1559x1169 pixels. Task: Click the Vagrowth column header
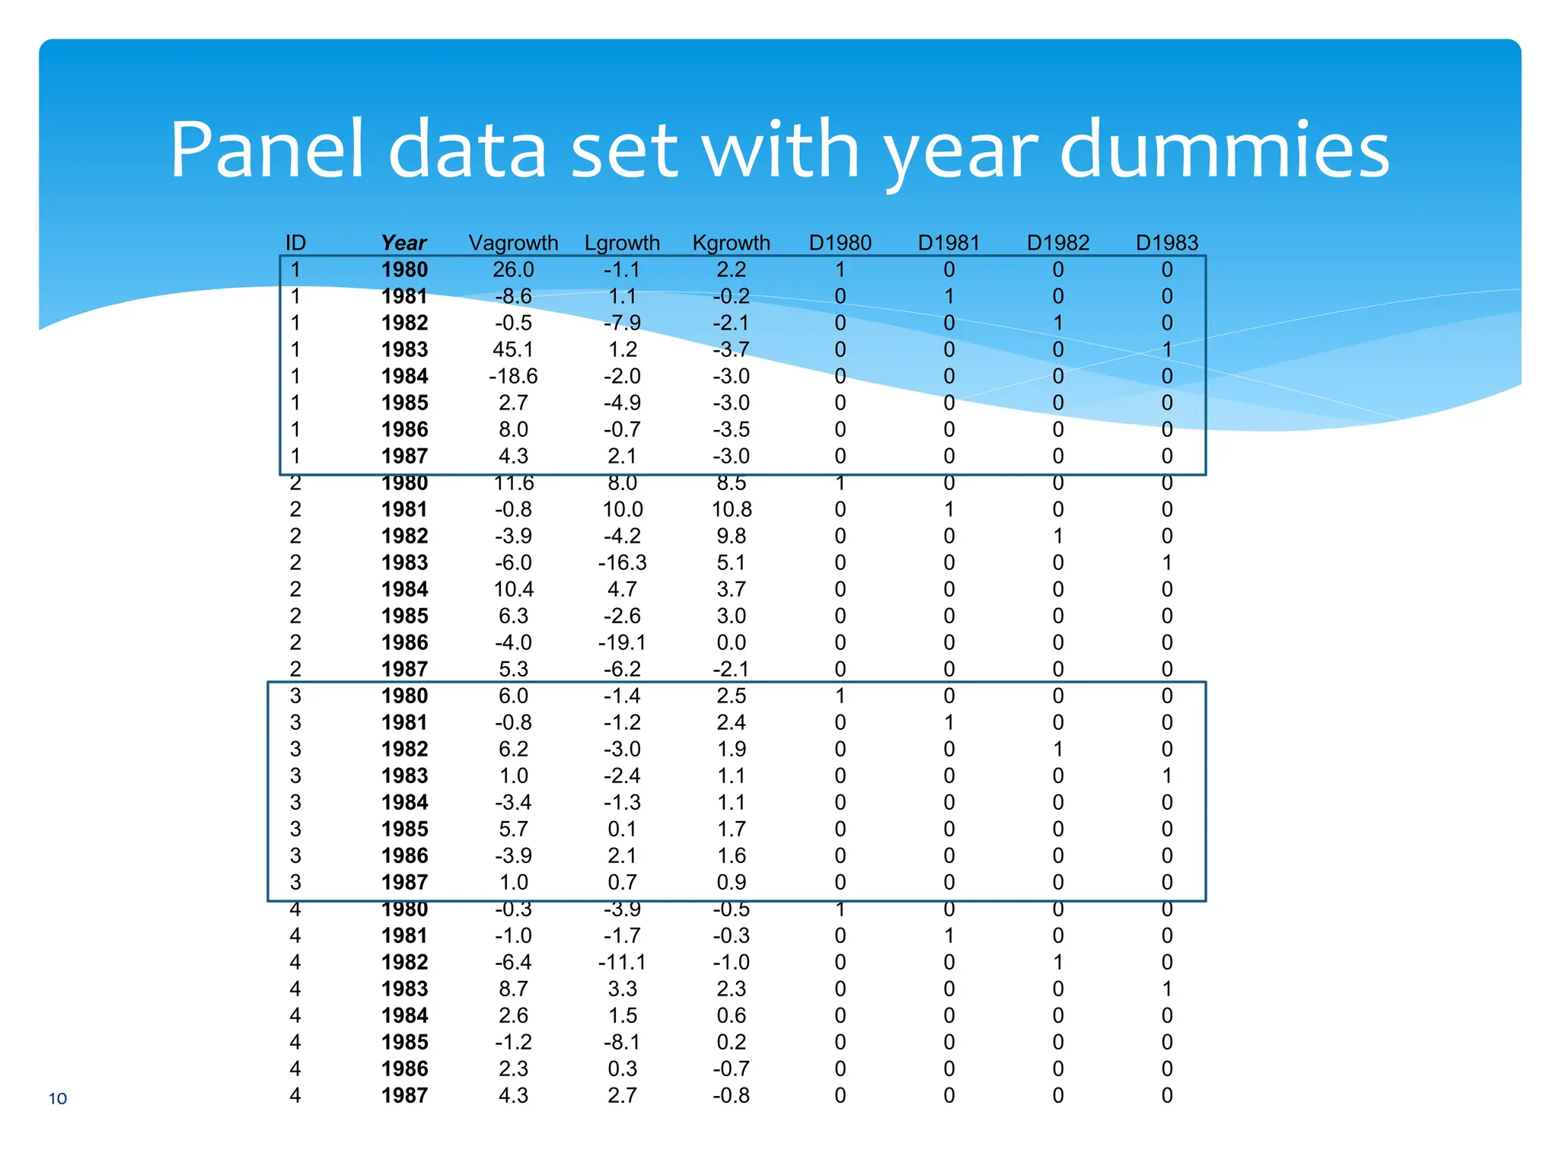click(513, 243)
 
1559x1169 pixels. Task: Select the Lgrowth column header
click(622, 243)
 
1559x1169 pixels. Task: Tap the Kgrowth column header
click(731, 243)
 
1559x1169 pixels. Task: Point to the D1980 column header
click(840, 243)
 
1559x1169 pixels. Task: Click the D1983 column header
click(1166, 243)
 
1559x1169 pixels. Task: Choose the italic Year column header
click(403, 243)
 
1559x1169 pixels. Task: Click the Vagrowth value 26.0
click(513, 269)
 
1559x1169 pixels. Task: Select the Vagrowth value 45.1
click(513, 349)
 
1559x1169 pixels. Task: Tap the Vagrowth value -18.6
click(513, 376)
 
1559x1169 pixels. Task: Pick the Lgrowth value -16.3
click(622, 562)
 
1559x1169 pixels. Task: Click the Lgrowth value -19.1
click(622, 642)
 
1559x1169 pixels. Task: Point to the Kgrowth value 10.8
click(731, 509)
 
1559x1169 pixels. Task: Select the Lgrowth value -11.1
click(622, 962)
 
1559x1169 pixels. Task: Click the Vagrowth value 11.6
click(513, 483)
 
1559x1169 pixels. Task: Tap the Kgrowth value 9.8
click(731, 536)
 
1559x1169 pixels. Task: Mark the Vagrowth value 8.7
click(513, 989)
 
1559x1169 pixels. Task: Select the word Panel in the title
click(266, 149)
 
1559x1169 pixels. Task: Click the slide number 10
click(58, 1098)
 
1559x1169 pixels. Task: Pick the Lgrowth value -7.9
click(622, 323)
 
